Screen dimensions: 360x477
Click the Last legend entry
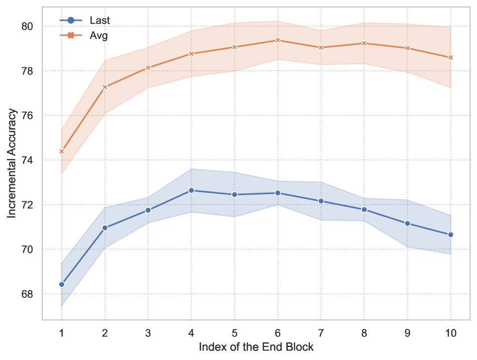click(x=85, y=21)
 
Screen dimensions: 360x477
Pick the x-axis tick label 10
click(x=450, y=332)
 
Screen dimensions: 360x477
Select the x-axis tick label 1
click(x=62, y=332)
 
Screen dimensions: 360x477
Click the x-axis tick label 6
click(x=277, y=332)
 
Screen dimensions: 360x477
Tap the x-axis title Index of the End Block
click(x=256, y=347)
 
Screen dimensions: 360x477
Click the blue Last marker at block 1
click(x=62, y=284)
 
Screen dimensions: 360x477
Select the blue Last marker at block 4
click(x=191, y=190)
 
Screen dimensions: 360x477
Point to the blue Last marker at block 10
click(x=450, y=234)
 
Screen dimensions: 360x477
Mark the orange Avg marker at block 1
click(x=62, y=151)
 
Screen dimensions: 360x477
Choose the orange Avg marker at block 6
click(x=277, y=40)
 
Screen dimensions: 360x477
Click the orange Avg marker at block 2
click(x=105, y=87)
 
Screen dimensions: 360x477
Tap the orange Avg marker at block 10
click(x=450, y=57)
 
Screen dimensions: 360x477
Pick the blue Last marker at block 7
click(x=321, y=201)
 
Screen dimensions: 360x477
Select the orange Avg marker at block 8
click(x=364, y=43)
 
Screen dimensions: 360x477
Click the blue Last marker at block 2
click(x=105, y=227)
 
